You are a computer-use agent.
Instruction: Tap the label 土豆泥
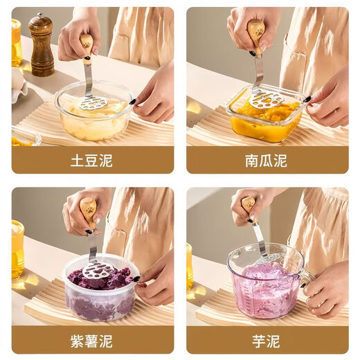click(x=92, y=160)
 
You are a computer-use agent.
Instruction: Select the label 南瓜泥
click(x=266, y=160)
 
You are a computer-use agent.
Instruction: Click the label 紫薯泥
click(x=92, y=340)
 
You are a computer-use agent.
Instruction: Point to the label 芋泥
click(x=266, y=340)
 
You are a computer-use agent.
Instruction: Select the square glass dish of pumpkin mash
click(x=267, y=118)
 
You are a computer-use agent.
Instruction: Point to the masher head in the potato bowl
click(x=93, y=103)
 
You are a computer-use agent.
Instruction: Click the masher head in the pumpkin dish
click(x=266, y=100)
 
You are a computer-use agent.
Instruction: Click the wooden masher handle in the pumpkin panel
click(x=255, y=31)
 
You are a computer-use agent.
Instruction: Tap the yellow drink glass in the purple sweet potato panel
click(x=17, y=248)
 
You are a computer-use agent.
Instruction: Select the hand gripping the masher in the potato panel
click(x=76, y=38)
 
